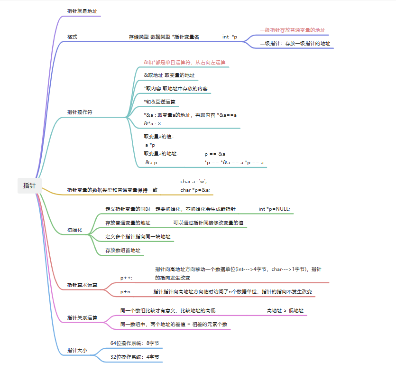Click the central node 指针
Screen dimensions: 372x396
click(29, 186)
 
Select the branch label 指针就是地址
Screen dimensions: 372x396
click(83, 11)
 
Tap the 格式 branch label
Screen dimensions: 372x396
click(72, 37)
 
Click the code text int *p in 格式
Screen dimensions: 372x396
click(230, 37)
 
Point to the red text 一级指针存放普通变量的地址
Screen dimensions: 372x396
click(292, 30)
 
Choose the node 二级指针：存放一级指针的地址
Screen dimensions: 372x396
click(295, 43)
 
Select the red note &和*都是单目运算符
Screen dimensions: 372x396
click(184, 62)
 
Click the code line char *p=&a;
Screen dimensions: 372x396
click(195, 190)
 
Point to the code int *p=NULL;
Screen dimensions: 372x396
click(274, 209)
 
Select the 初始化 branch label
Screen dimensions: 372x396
click(75, 230)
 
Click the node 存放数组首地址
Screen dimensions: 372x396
click(123, 250)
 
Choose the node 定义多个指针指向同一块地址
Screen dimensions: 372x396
click(138, 236)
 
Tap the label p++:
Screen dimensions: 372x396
click(127, 278)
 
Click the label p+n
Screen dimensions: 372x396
click(126, 291)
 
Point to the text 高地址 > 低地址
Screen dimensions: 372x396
click(285, 311)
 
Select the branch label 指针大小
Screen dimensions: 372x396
click(77, 351)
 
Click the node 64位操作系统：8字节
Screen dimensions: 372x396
click(135, 343)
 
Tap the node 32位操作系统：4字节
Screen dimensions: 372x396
click(135, 357)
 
